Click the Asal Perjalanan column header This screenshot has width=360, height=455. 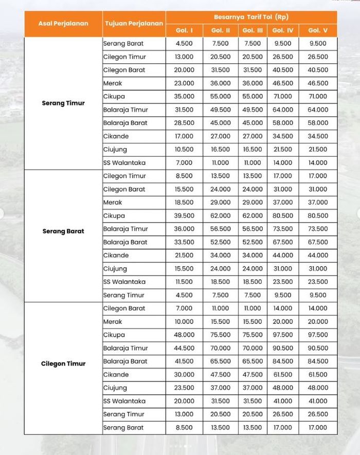coord(63,24)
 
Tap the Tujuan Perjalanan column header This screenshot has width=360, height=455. coord(134,24)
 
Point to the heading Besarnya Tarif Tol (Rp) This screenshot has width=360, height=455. coord(251,17)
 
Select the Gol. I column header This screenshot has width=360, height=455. coord(185,31)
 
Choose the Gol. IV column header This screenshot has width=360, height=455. coord(282,31)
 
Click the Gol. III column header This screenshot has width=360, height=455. coord(253,31)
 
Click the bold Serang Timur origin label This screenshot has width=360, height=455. coord(63,103)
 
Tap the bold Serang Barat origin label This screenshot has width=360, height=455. coord(63,231)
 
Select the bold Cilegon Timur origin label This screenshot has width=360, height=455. coord(63,363)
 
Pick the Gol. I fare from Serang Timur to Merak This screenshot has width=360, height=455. coord(185,83)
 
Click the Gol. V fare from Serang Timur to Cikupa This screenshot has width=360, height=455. coord(317,96)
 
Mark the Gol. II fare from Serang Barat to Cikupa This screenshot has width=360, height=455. coord(221,216)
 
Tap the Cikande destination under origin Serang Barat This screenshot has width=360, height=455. coord(116,256)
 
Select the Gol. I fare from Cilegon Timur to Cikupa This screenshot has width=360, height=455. coord(185,335)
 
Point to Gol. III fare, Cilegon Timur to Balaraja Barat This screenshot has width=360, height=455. coord(253,361)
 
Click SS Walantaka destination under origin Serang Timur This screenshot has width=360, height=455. coord(124,163)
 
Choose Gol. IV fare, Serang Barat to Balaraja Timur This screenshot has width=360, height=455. coord(282,229)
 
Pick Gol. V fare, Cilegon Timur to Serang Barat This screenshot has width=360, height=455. coord(317,428)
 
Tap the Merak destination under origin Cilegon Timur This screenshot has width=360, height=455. coord(113,322)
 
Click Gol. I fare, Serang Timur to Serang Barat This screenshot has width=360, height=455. coord(185,44)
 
